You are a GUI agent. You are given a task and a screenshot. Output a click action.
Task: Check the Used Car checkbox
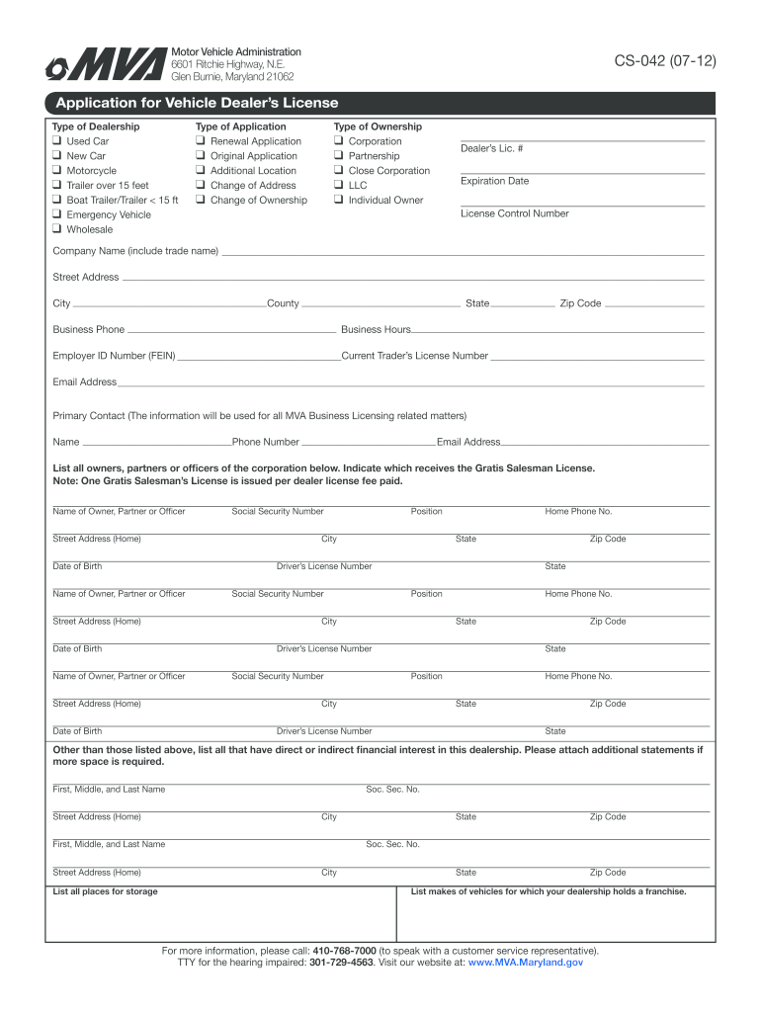pyautogui.click(x=57, y=141)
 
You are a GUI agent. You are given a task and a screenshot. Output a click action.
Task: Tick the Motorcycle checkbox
pyautogui.click(x=57, y=171)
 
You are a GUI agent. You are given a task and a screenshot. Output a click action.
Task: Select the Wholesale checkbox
pyautogui.click(x=57, y=229)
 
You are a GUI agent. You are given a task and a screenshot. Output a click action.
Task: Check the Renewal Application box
pyautogui.click(x=201, y=141)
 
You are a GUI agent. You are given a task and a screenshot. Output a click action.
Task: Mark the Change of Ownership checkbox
pyautogui.click(x=201, y=200)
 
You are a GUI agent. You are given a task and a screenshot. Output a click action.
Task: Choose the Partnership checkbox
pyautogui.click(x=339, y=156)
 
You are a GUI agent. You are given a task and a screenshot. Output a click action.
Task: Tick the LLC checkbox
pyautogui.click(x=339, y=185)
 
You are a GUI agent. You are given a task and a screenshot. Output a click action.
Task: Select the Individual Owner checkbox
pyautogui.click(x=339, y=200)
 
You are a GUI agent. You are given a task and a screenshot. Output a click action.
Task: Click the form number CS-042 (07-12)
pyautogui.click(x=665, y=63)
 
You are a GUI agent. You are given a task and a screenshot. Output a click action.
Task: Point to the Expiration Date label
pyautogui.click(x=494, y=181)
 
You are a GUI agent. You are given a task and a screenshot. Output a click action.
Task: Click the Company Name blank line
pyautogui.click(x=463, y=254)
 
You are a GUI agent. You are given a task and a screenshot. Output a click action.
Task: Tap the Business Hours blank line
pyautogui.click(x=557, y=331)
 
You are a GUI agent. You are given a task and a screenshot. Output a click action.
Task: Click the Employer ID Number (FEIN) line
pyautogui.click(x=259, y=357)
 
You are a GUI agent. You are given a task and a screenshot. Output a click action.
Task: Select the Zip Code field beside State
pyautogui.click(x=654, y=305)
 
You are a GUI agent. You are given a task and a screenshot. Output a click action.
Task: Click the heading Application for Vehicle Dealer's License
pyautogui.click(x=197, y=103)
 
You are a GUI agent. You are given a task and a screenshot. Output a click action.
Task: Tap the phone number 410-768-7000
pyautogui.click(x=344, y=951)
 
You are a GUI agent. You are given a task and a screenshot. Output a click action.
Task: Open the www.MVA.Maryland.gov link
pyautogui.click(x=525, y=962)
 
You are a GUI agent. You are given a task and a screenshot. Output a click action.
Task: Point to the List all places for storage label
pyautogui.click(x=105, y=891)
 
